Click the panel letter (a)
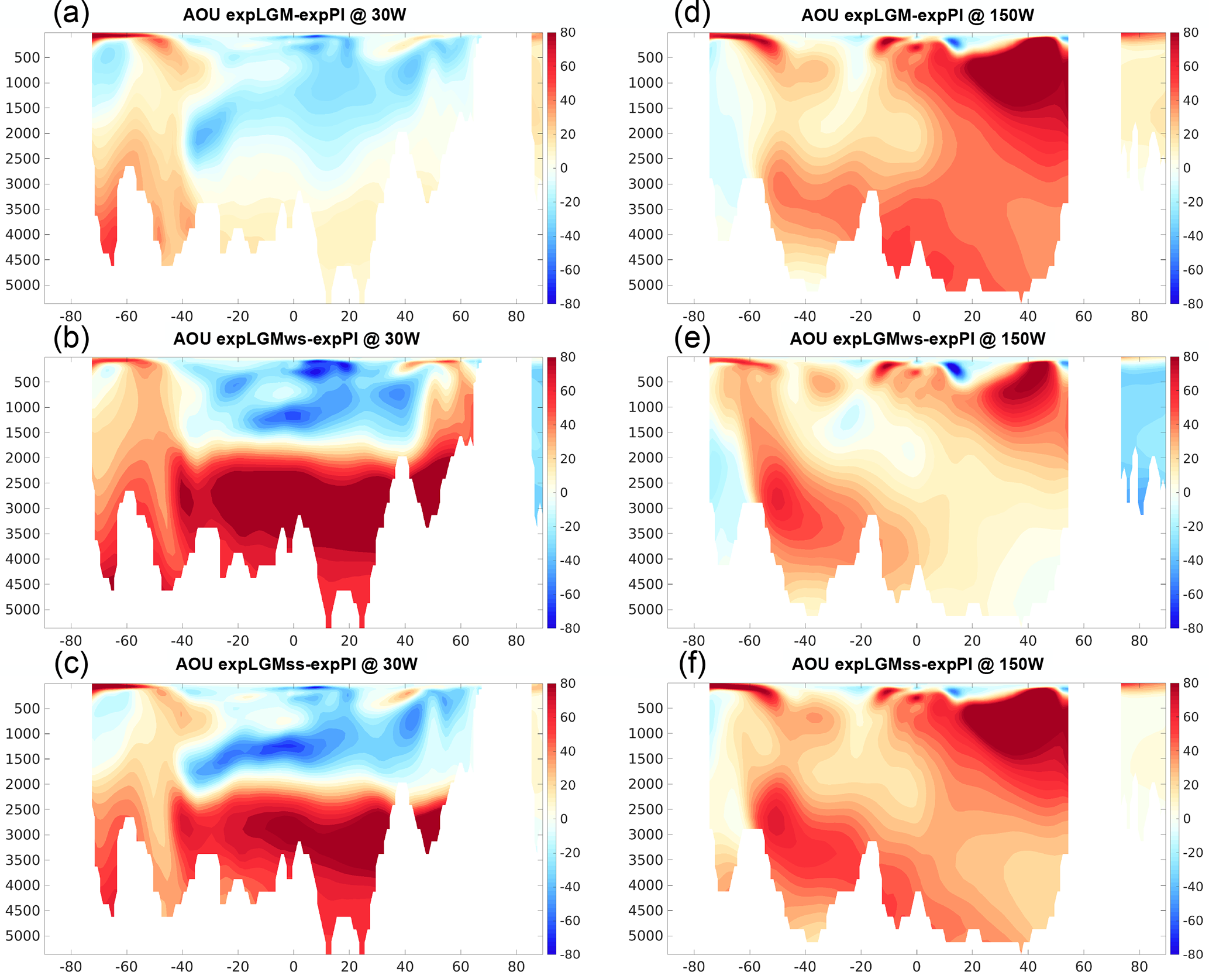[x=71, y=13]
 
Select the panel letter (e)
[x=692, y=338]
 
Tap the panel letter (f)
[x=692, y=663]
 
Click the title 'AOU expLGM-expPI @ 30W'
[x=294, y=15]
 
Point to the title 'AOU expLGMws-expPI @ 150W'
[x=917, y=339]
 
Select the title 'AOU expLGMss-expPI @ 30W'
[x=297, y=664]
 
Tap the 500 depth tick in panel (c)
[x=27, y=708]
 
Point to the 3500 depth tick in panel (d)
[x=646, y=209]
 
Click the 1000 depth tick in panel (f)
[x=646, y=734]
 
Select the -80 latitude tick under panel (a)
[x=70, y=317]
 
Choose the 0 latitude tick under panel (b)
[x=294, y=641]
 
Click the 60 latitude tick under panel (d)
[x=1083, y=317]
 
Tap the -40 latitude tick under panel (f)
[x=804, y=966]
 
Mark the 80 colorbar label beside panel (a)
[x=567, y=33]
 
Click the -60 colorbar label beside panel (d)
[x=1191, y=270]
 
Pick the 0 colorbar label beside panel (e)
[x=1187, y=493]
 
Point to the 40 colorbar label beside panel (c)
[x=567, y=751]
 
